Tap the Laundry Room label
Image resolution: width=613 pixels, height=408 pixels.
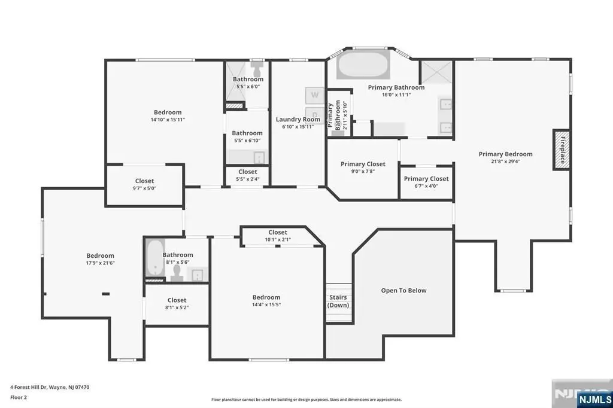coord(298,120)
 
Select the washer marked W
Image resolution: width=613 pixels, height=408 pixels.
coord(315,95)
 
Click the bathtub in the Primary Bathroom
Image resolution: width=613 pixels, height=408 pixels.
coord(363,65)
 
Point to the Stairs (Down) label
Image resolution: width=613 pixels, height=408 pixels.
coord(338,301)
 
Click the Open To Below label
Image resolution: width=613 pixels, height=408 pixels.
coord(404,290)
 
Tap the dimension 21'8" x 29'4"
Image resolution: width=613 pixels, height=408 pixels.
coord(505,161)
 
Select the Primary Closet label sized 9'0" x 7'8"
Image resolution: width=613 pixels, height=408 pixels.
coord(363,164)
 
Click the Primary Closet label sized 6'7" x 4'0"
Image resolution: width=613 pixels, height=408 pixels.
coord(426,179)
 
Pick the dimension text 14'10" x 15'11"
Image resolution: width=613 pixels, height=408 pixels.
coord(168,120)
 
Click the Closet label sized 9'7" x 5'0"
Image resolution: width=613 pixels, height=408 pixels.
coord(145,181)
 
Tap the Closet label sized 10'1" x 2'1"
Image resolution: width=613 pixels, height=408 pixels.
coord(278,233)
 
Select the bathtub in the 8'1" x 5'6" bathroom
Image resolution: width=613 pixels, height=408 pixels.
coord(155,258)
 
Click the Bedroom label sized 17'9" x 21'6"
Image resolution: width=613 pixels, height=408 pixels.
coord(101,255)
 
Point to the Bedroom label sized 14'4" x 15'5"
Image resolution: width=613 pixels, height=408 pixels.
coord(266,297)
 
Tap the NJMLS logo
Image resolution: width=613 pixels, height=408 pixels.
coord(594,400)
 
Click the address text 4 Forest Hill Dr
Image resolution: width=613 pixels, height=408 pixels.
coord(28,387)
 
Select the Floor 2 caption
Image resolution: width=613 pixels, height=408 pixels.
coord(19,397)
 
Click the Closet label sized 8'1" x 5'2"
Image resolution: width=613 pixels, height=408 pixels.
coord(177,300)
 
